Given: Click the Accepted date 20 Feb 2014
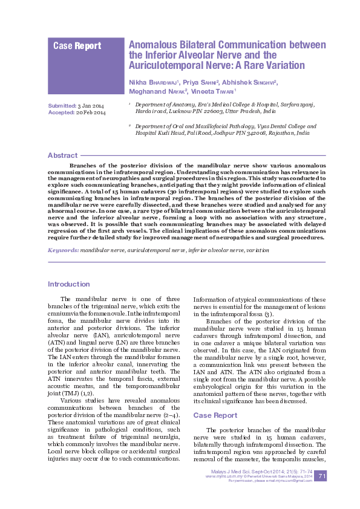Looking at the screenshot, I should tap(91, 113).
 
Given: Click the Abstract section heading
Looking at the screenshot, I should tap(62, 155).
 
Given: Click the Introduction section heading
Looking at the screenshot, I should tap(69, 284).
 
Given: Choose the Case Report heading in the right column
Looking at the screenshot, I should tap(215, 415).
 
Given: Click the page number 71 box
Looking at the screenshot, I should tap(322, 477).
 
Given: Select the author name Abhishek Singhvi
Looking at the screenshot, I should tap(249, 82).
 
